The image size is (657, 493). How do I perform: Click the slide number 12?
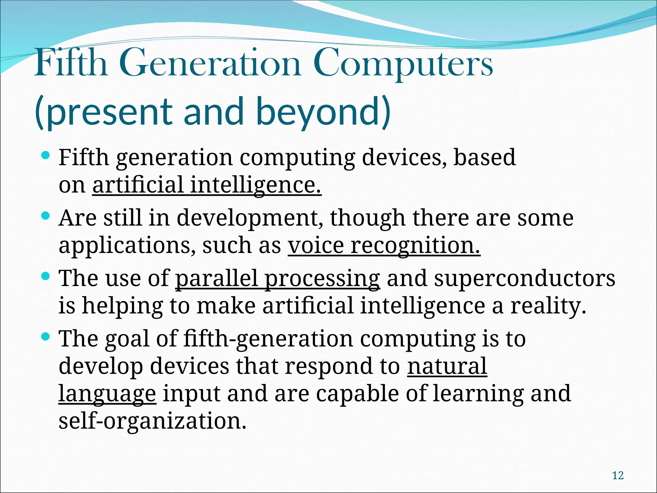(618, 475)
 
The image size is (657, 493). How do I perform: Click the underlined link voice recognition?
(384, 246)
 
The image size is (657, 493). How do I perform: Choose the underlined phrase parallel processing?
(277, 278)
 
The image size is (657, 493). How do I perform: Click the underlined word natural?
(447, 366)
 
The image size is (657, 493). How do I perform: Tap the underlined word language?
(107, 394)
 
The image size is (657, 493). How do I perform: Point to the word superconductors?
(525, 278)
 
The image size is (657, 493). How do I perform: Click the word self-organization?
(152, 421)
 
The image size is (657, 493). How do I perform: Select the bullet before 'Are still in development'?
(46, 216)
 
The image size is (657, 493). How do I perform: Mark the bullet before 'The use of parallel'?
(46, 276)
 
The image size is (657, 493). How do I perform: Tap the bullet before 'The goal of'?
(46, 337)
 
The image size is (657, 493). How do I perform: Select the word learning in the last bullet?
(478, 394)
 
